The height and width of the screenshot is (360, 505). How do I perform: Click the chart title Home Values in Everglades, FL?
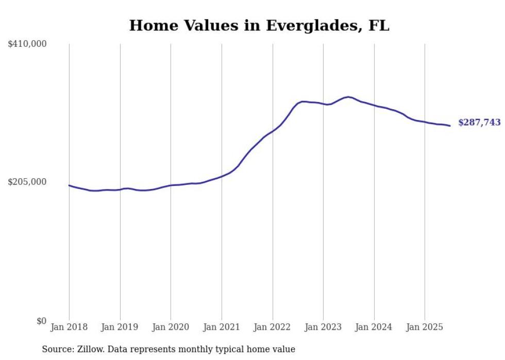coord(259,25)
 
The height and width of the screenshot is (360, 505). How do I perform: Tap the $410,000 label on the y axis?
coord(27,44)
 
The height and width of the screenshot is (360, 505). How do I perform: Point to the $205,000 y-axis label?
coord(27,182)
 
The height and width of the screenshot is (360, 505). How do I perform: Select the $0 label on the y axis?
coord(41,321)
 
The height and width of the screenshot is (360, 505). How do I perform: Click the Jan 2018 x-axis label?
coord(69,327)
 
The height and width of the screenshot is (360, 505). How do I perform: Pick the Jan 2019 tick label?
coord(120,327)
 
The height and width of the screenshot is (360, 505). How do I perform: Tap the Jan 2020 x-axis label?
coord(171,327)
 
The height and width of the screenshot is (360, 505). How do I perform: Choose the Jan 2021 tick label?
coord(222,327)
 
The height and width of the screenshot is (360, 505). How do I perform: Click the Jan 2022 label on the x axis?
coord(273,327)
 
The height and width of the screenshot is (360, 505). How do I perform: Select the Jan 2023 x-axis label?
coord(323,327)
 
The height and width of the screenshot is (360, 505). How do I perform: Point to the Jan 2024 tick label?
coord(374,327)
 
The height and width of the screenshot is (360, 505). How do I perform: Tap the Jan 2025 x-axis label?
coord(425,327)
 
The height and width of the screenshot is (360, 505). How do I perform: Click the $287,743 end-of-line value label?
coord(479,123)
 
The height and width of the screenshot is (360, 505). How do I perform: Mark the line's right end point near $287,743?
coord(450,126)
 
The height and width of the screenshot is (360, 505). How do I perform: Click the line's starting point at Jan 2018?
coord(69,185)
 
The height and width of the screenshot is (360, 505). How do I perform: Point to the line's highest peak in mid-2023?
coord(349,97)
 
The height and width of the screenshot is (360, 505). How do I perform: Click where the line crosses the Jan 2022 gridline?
coord(273,131)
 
